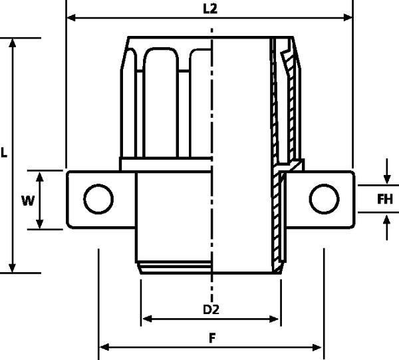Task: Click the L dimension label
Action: [4, 152]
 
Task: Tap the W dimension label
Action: [27, 200]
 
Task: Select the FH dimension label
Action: [385, 199]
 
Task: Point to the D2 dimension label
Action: [211, 310]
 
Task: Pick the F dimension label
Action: [211, 337]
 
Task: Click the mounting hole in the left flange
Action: [98, 198]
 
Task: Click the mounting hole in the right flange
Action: [324, 198]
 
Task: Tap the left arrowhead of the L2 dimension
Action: [70, 19]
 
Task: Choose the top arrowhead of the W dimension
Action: [41, 175]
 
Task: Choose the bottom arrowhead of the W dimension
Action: [41, 225]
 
